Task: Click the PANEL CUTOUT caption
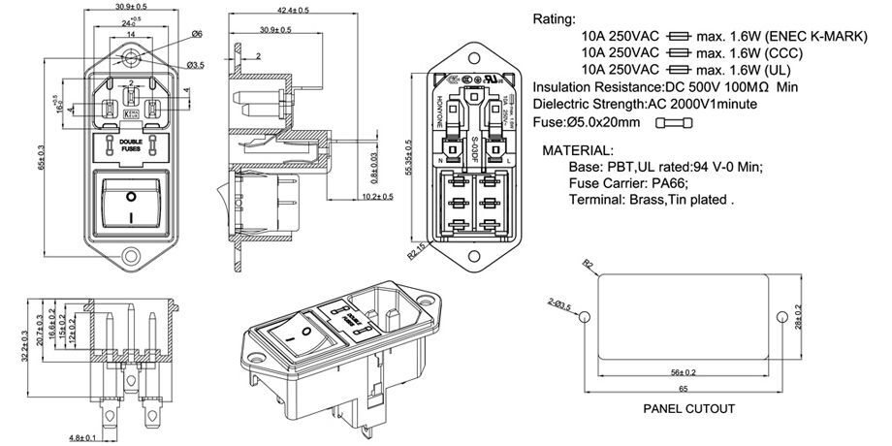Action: [688, 408]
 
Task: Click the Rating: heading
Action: [554, 19]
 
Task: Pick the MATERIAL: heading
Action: [578, 151]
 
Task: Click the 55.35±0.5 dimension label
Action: [411, 155]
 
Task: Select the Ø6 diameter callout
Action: [197, 34]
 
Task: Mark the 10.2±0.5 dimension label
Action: [376, 197]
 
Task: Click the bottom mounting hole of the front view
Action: [131, 258]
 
